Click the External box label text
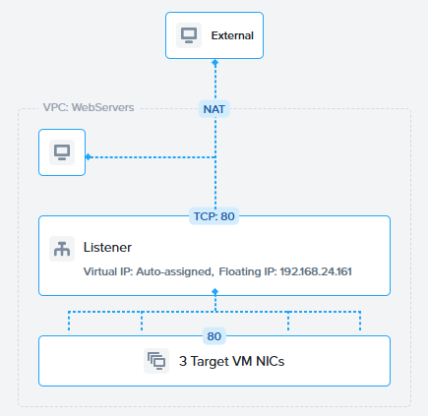pos(232,35)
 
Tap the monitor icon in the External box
pos(189,35)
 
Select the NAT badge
pos(214,109)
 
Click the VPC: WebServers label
pos(89,107)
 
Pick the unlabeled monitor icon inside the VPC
pos(62,152)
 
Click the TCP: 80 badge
pos(214,216)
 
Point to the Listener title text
pos(107,247)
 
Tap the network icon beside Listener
pos(62,249)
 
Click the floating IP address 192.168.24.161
pos(316,271)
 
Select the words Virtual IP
pos(107,271)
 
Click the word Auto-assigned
pos(173,271)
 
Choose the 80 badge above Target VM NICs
pos(214,336)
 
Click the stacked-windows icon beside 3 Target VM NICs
pos(156,361)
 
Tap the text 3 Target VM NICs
pos(232,361)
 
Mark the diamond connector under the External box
pos(215,62)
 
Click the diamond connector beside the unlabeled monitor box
pos(89,157)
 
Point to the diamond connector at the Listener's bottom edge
pos(215,291)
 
